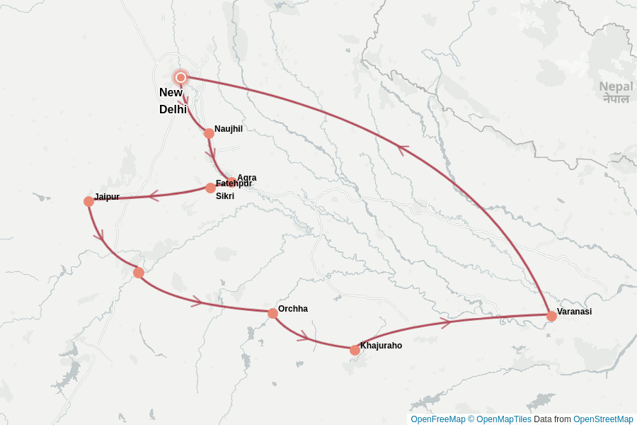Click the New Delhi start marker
tap(180, 77)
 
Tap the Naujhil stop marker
tap(209, 133)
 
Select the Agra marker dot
tap(231, 182)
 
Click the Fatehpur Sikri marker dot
tap(210, 188)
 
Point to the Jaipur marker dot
tap(88, 201)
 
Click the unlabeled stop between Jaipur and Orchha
tap(139, 273)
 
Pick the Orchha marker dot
tap(272, 313)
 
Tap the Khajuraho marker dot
tap(355, 350)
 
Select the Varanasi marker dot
tap(551, 316)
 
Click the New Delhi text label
tap(173, 101)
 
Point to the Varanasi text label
tap(574, 311)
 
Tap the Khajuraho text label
tap(381, 346)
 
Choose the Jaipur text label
tap(107, 196)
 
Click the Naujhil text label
tap(229, 128)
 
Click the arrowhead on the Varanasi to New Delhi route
tap(402, 149)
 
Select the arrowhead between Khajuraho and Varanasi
tap(445, 323)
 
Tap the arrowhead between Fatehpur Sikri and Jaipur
tap(154, 195)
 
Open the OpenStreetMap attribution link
tap(603, 419)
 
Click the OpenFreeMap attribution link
tap(438, 419)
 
